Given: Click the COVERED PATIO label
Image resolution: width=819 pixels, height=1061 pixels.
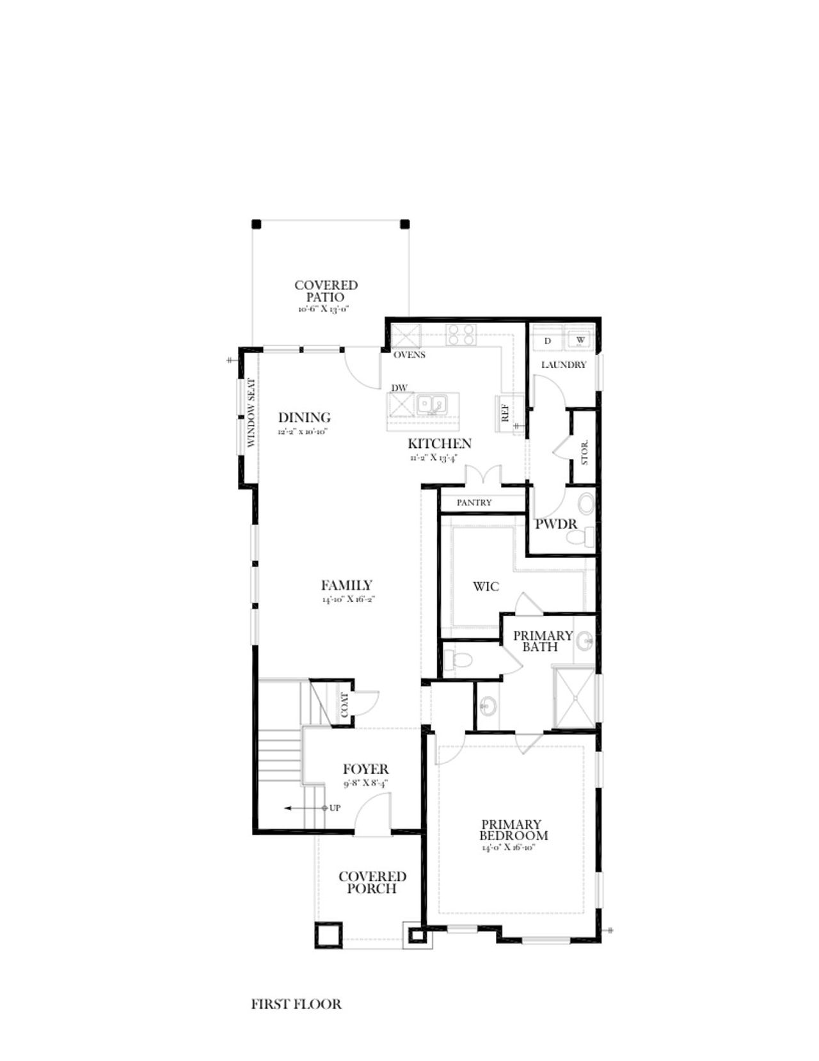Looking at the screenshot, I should (x=326, y=291).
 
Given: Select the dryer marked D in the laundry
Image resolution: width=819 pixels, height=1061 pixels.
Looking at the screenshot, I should (x=548, y=341).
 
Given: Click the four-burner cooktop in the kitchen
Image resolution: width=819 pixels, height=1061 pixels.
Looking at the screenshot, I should (x=461, y=335).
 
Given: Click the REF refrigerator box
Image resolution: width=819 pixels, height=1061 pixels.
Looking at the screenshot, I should (x=505, y=413).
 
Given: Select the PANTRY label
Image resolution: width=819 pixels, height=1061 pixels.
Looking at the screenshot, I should (x=474, y=503).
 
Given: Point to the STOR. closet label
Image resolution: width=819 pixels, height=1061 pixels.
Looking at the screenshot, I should (x=584, y=452).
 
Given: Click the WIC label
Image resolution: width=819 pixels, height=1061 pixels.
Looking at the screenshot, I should (x=486, y=586).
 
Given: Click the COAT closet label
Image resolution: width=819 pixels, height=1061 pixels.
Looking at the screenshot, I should (x=344, y=705).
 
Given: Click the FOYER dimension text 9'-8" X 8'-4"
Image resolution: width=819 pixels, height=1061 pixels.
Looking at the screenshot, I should (x=365, y=783).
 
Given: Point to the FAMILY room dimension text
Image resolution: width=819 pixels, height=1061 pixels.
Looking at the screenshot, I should (x=347, y=600).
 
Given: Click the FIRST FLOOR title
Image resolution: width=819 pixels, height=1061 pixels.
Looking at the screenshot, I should (x=296, y=1005).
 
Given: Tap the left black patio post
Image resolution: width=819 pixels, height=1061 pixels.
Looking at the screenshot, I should (x=256, y=224).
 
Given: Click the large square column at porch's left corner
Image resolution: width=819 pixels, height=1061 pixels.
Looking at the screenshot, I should (x=329, y=935).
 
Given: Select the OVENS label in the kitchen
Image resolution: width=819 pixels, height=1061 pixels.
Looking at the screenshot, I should (x=409, y=355).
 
